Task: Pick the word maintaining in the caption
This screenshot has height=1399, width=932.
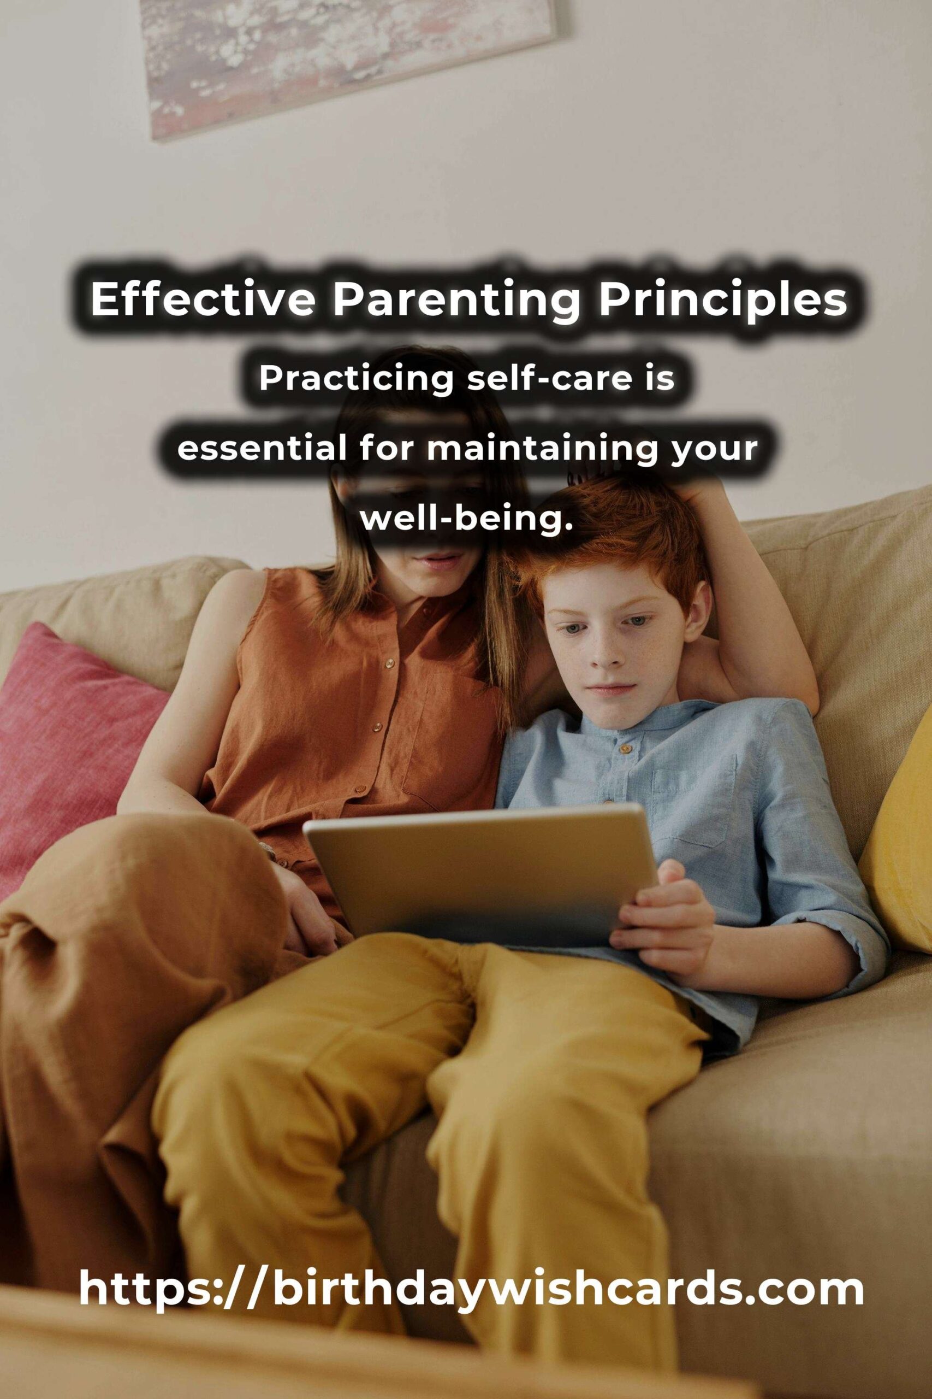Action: (x=541, y=451)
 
